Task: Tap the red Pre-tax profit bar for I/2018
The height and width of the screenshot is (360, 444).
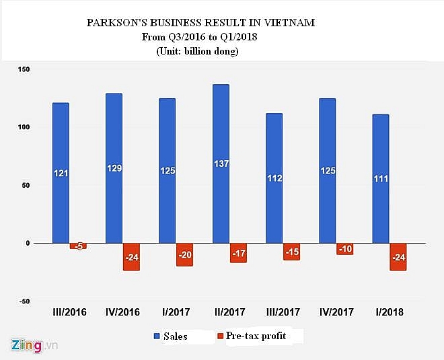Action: click(x=398, y=257)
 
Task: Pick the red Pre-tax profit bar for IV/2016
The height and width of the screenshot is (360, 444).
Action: click(x=131, y=257)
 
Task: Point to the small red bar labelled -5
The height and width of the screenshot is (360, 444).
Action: click(x=79, y=246)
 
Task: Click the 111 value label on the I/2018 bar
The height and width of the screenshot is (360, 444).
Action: click(x=381, y=179)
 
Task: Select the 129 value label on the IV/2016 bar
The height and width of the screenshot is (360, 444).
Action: click(x=114, y=168)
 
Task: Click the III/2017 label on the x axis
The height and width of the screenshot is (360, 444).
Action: click(x=283, y=312)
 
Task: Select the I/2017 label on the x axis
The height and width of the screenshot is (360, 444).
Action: click(x=176, y=312)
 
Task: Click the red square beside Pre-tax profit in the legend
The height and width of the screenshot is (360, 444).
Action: click(x=220, y=335)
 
